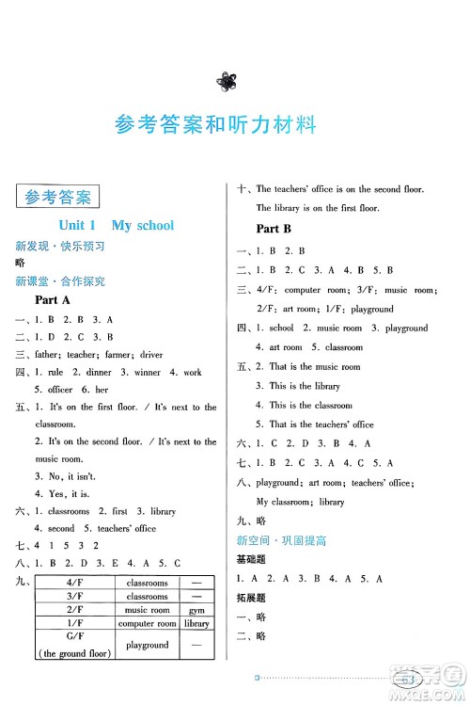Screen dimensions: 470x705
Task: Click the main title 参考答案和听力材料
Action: (x=215, y=124)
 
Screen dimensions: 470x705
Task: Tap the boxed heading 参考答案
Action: (x=58, y=198)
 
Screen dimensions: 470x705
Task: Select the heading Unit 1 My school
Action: (x=117, y=226)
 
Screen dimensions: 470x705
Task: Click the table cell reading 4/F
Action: (x=72, y=583)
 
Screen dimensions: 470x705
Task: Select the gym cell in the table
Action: (x=196, y=610)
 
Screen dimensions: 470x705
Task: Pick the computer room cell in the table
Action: (x=148, y=623)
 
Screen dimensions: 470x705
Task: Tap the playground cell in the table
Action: (x=148, y=645)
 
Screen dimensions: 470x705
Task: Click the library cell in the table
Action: (x=196, y=623)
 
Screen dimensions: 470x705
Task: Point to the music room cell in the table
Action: (x=148, y=610)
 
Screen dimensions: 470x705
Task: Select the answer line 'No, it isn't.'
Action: (x=69, y=476)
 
